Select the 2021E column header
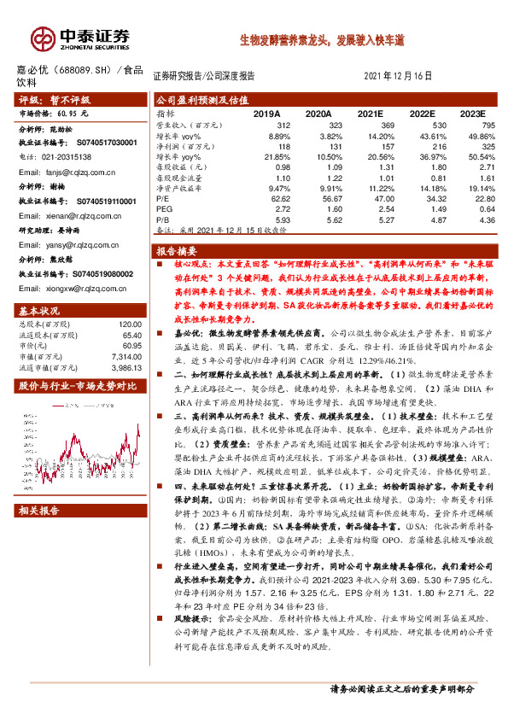click(x=370, y=113)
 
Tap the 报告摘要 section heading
click(x=176, y=251)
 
